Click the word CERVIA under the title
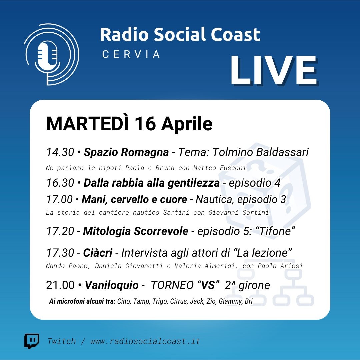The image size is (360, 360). click(x=131, y=54)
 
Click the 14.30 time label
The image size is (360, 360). click(x=60, y=152)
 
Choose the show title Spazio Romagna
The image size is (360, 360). click(x=126, y=152)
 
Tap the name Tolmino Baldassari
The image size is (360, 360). click(x=260, y=152)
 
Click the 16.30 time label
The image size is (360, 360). click(x=60, y=183)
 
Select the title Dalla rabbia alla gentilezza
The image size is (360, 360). click(x=152, y=183)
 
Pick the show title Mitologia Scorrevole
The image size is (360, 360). click(x=136, y=231)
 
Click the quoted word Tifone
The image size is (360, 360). click(x=277, y=231)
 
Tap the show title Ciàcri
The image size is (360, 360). click(x=98, y=253)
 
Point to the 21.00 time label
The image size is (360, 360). click(x=60, y=285)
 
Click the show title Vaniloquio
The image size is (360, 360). click(x=112, y=285)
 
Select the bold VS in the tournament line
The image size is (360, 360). click(x=208, y=285)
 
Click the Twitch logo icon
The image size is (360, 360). click(x=32, y=341)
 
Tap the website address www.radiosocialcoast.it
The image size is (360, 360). click(x=145, y=341)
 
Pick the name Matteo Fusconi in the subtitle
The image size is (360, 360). click(x=220, y=168)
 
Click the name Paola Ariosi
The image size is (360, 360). click(x=280, y=266)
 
